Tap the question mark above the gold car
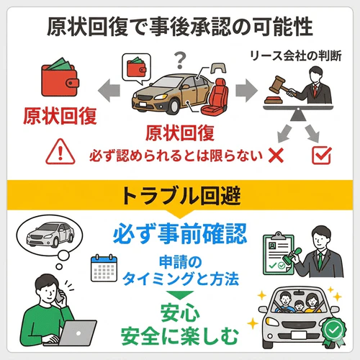click(x=181, y=55)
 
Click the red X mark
click(x=274, y=153)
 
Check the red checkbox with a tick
click(x=320, y=153)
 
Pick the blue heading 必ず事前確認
click(x=179, y=233)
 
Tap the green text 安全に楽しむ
click(x=179, y=336)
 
